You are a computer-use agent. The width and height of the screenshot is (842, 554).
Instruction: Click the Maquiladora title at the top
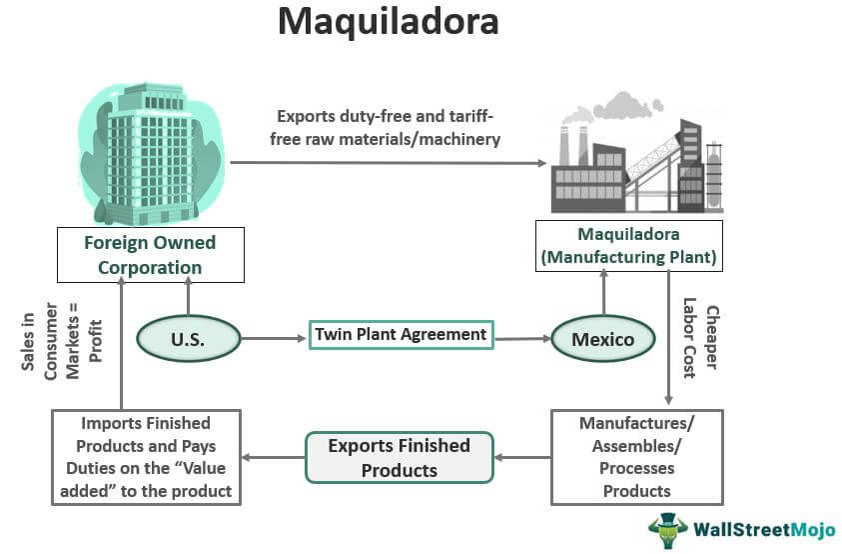(x=389, y=22)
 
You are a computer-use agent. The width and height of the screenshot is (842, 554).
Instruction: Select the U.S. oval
(x=187, y=338)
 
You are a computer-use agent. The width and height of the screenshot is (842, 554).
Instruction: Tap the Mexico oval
(x=602, y=339)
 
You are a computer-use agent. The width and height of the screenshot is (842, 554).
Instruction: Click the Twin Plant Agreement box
(x=401, y=335)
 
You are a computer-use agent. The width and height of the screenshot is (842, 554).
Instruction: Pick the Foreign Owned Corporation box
(x=150, y=255)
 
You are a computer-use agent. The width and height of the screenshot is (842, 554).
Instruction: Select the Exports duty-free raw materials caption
(x=390, y=129)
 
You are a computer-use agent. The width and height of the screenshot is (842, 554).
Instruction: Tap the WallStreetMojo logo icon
(x=667, y=528)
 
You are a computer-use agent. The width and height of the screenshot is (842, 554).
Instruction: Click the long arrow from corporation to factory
(x=390, y=161)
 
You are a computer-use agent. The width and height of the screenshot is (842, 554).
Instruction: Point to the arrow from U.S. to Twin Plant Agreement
(x=274, y=338)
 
